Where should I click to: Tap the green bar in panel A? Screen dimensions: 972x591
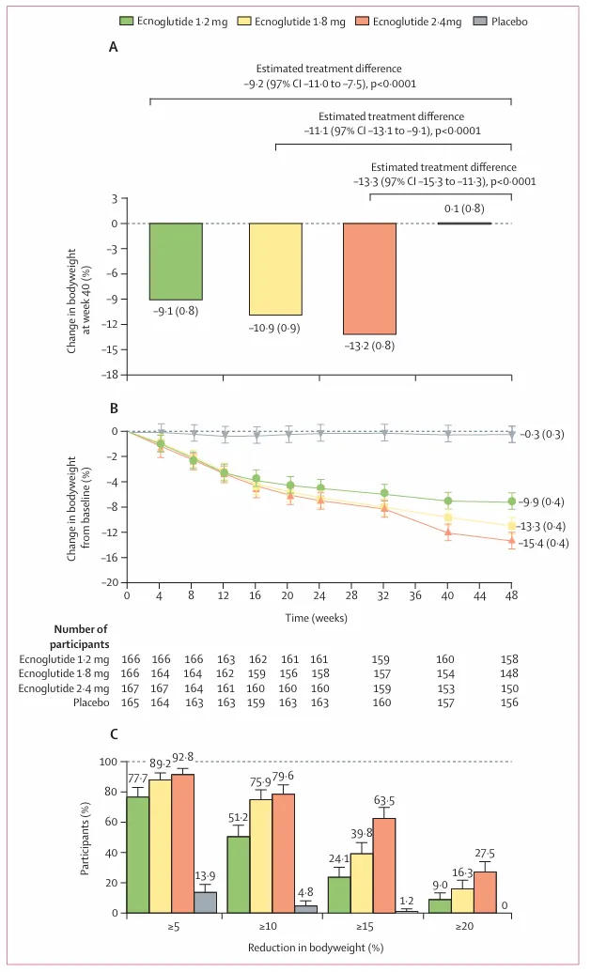(x=176, y=261)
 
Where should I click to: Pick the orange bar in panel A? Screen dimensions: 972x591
(x=369, y=278)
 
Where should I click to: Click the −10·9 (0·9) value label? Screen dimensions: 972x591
(x=274, y=327)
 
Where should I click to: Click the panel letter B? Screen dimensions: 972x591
(x=114, y=409)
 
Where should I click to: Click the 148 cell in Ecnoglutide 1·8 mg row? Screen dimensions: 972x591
(x=512, y=673)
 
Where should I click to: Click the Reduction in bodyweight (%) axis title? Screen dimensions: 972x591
(x=319, y=949)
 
